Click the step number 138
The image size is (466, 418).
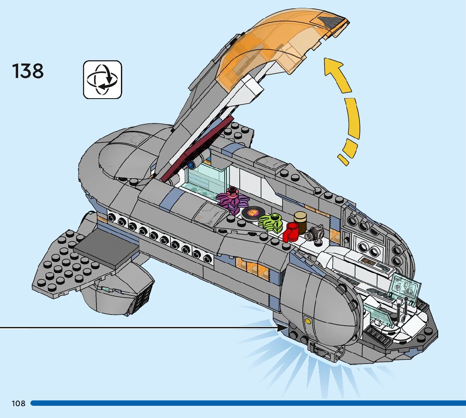tap(28, 71)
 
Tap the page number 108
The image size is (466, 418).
tap(19, 403)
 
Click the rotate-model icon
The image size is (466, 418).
tap(102, 80)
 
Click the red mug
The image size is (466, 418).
tap(291, 232)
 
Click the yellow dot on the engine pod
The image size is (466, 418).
tap(308, 321)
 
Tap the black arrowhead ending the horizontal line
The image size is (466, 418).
tap(282, 328)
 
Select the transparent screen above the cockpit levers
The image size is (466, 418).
tap(406, 285)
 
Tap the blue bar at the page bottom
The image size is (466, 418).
tap(248, 403)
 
